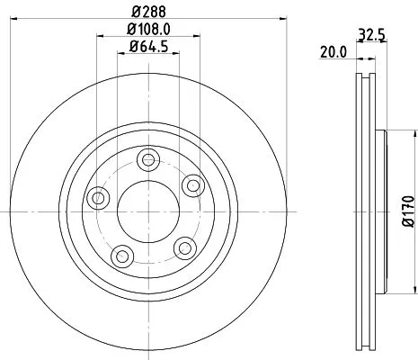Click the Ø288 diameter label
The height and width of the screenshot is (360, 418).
(x=148, y=13)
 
